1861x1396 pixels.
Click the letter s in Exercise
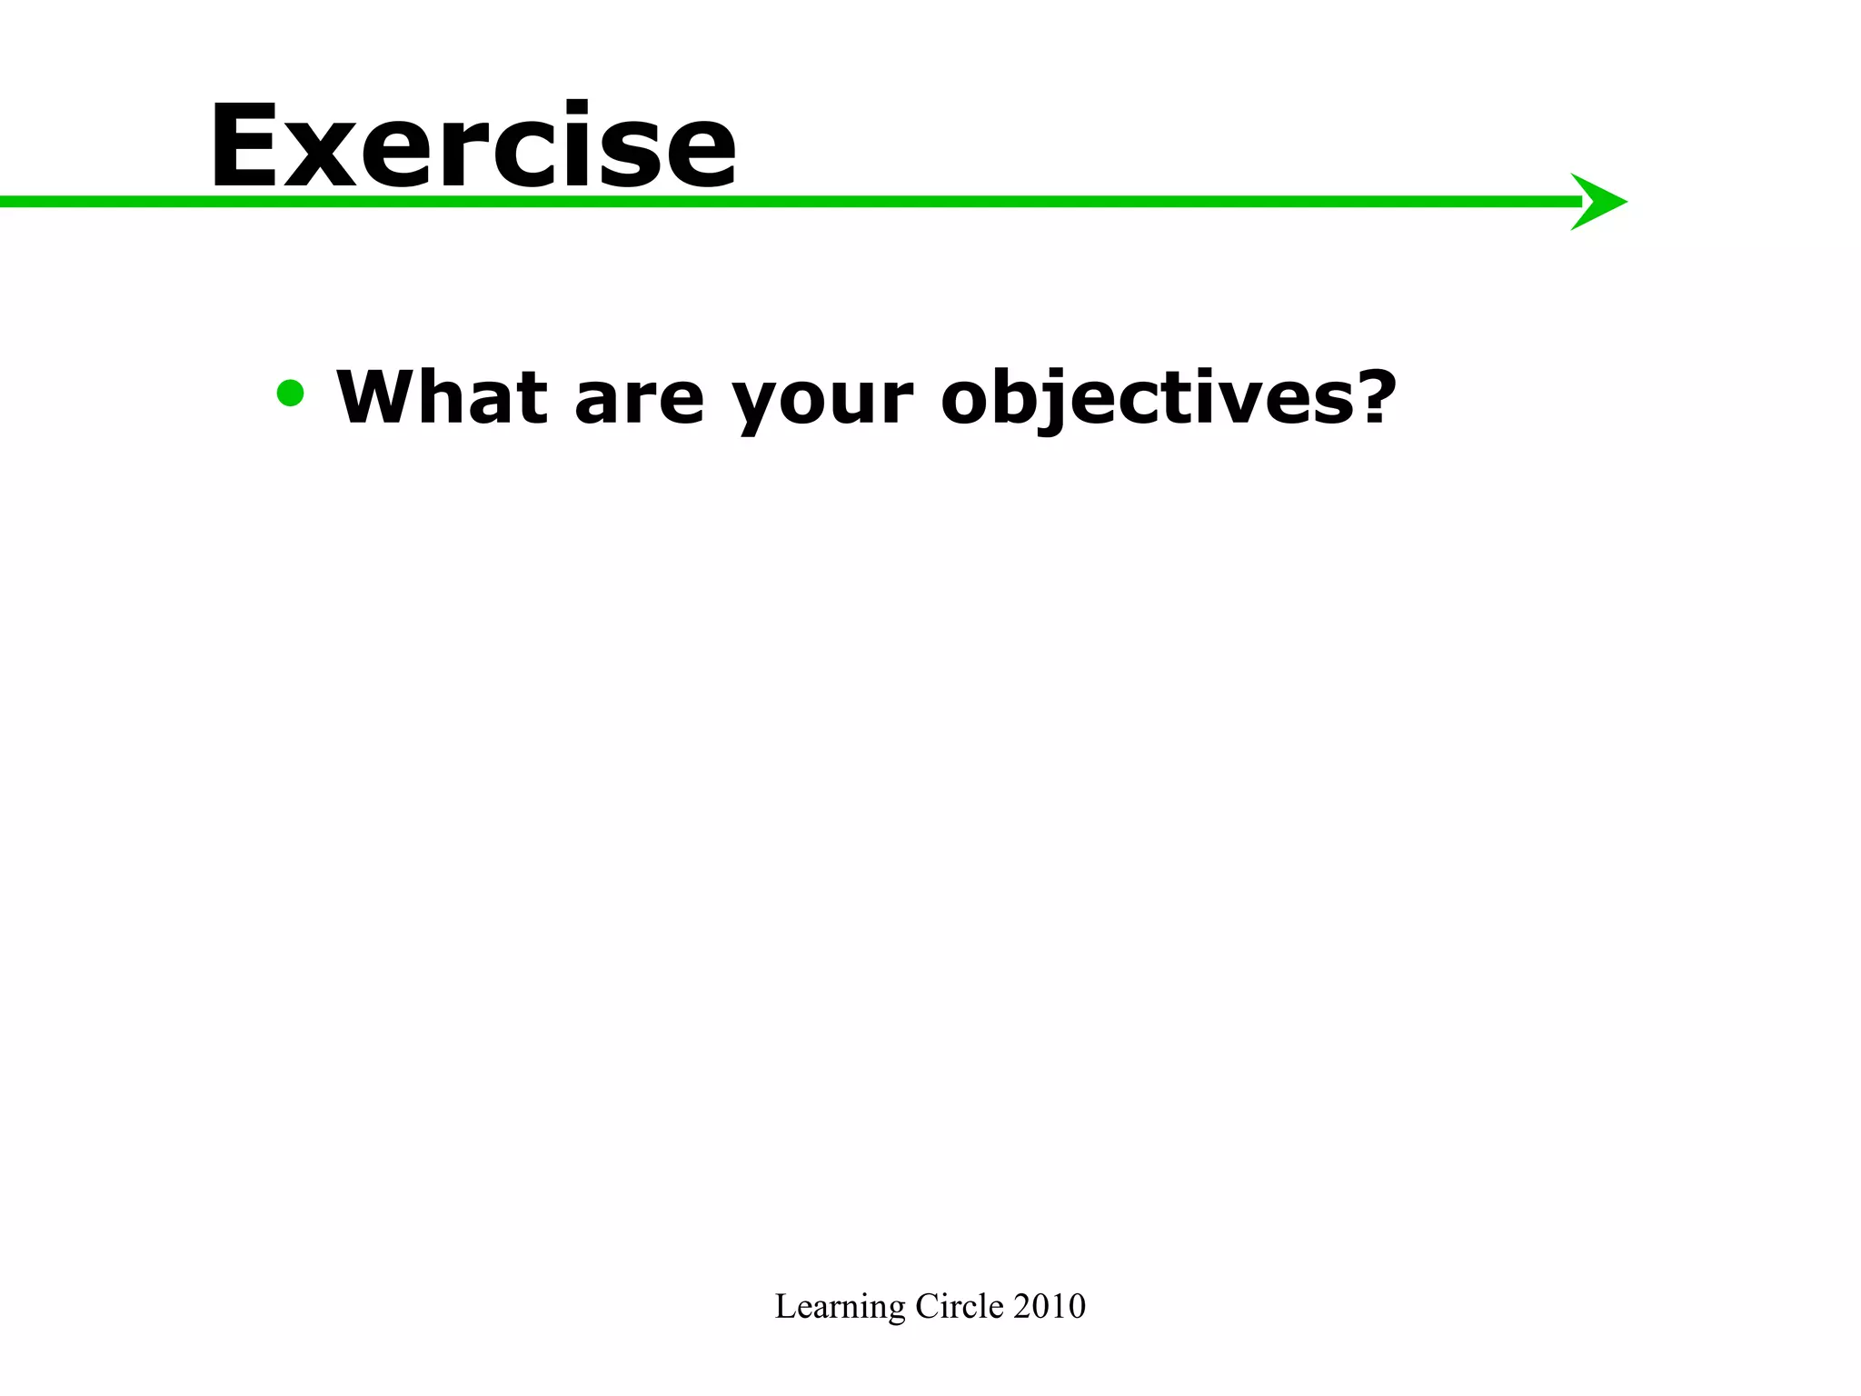(618, 156)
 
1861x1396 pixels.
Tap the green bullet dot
(291, 394)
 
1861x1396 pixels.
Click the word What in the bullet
(442, 397)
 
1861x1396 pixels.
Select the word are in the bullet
(639, 404)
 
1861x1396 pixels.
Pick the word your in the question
(822, 404)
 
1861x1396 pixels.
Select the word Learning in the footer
(841, 1307)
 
